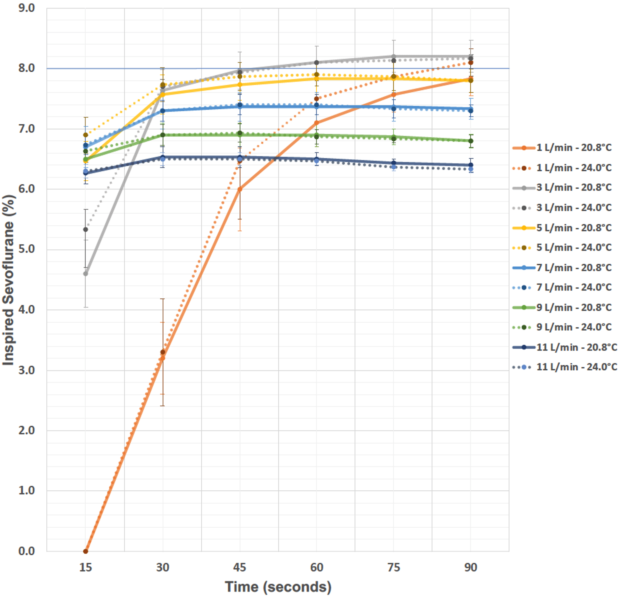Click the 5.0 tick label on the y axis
27,249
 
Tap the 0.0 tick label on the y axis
27,551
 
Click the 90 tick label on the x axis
471,567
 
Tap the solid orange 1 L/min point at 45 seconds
240,189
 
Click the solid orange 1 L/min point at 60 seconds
317,123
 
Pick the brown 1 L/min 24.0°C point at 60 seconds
317,99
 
